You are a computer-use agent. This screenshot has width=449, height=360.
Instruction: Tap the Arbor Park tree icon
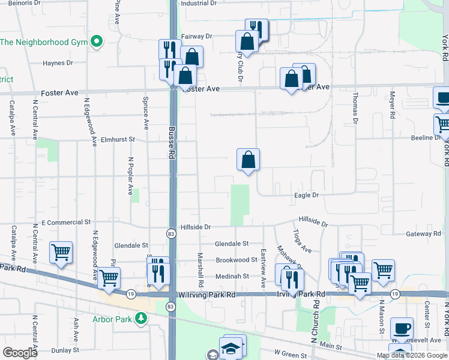coord(140,319)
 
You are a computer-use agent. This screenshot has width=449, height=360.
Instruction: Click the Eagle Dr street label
coord(306,195)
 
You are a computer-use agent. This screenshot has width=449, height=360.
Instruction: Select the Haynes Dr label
coord(58,62)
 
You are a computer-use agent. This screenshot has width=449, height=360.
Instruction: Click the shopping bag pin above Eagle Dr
coord(248,160)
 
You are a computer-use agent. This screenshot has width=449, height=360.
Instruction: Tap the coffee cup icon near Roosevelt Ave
coord(402,329)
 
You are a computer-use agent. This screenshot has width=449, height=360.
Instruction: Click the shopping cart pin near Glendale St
coord(61,253)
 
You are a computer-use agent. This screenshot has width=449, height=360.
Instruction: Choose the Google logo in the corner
coord(20,353)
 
